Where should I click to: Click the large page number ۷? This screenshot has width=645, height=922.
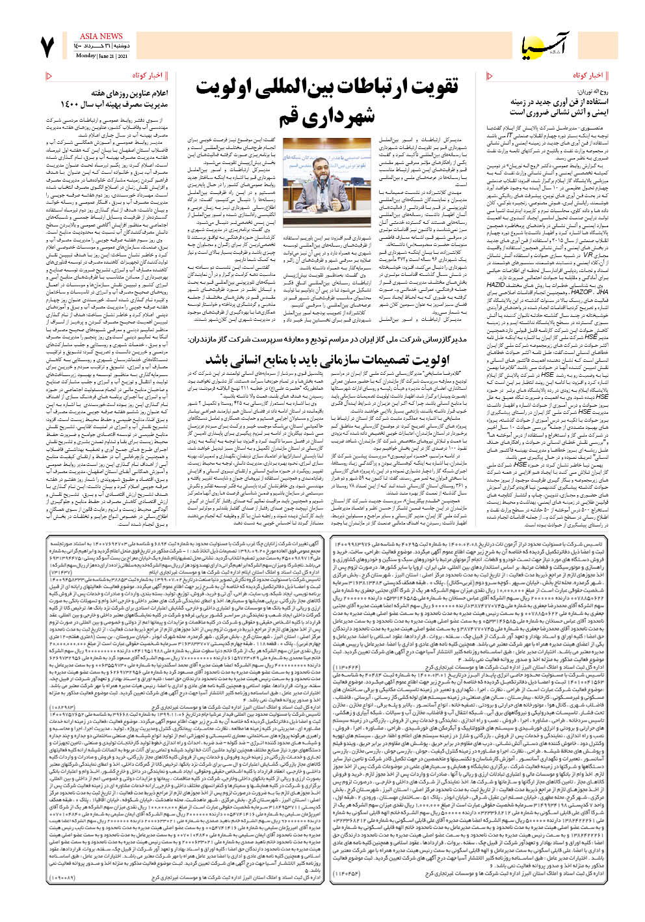coord(48,47)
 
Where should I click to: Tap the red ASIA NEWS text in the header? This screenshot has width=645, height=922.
coord(101,36)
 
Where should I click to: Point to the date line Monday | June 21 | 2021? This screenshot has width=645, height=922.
coord(101,56)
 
